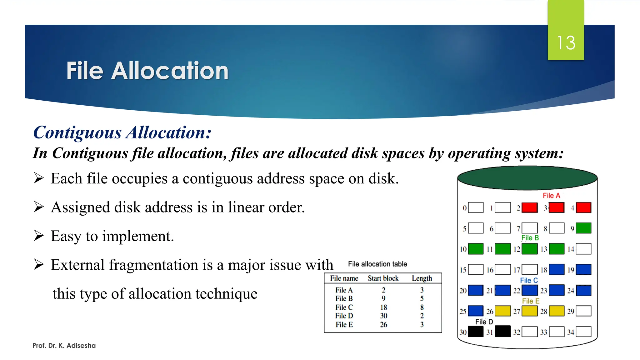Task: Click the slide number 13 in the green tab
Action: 566,42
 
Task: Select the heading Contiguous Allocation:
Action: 122,132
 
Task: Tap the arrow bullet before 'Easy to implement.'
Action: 39,236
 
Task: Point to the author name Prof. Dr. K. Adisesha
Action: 64,345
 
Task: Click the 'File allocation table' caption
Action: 377,264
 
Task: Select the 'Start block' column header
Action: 383,278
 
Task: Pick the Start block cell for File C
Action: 383,307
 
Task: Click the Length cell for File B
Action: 422,298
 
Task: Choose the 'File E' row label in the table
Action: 344,325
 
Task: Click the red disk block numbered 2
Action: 530,207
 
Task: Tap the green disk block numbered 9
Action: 583,228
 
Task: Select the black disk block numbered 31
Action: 503,332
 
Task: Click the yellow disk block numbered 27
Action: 530,311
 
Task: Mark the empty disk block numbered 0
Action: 476,207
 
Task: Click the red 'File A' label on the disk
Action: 551,196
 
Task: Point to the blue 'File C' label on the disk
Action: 529,280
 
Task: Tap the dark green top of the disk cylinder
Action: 527,178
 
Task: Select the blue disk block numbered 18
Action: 557,269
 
